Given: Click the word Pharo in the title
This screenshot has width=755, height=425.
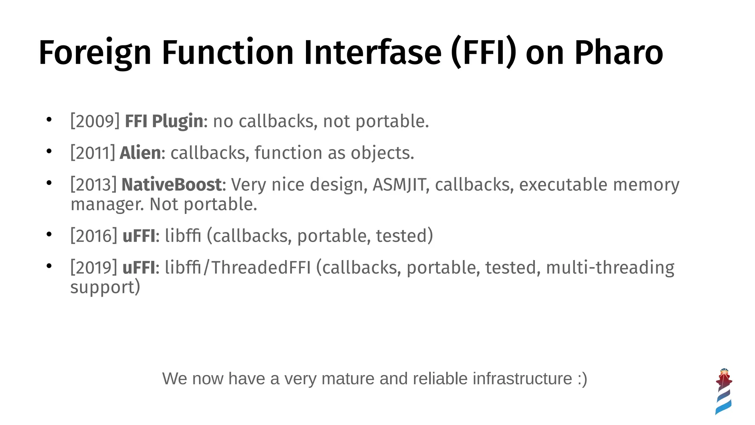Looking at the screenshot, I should click(619, 52).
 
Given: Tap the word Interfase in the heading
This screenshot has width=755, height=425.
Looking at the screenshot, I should click(372, 52).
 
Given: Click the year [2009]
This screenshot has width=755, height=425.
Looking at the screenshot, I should click(95, 121).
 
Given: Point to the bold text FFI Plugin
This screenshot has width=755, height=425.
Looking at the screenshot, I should click(164, 121).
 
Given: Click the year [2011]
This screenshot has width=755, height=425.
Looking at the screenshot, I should click(93, 153).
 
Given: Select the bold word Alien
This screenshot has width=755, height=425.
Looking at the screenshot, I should click(140, 153).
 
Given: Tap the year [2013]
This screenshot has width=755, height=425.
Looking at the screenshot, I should click(94, 184).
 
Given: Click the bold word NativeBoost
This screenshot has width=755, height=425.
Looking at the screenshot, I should click(171, 184).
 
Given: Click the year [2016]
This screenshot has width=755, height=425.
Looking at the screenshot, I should click(94, 236).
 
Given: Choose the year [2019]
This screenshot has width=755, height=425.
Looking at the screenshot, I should click(94, 267).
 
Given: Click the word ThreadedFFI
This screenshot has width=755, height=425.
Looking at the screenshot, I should click(261, 267).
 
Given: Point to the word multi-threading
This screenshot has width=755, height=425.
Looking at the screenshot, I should click(610, 267).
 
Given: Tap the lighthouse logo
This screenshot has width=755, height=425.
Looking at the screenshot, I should click(723, 391).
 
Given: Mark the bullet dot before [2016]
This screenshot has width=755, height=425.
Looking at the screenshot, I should click(49, 234).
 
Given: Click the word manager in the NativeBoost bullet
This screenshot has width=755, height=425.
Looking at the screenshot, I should click(107, 204).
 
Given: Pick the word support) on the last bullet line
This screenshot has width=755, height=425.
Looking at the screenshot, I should click(105, 287).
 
